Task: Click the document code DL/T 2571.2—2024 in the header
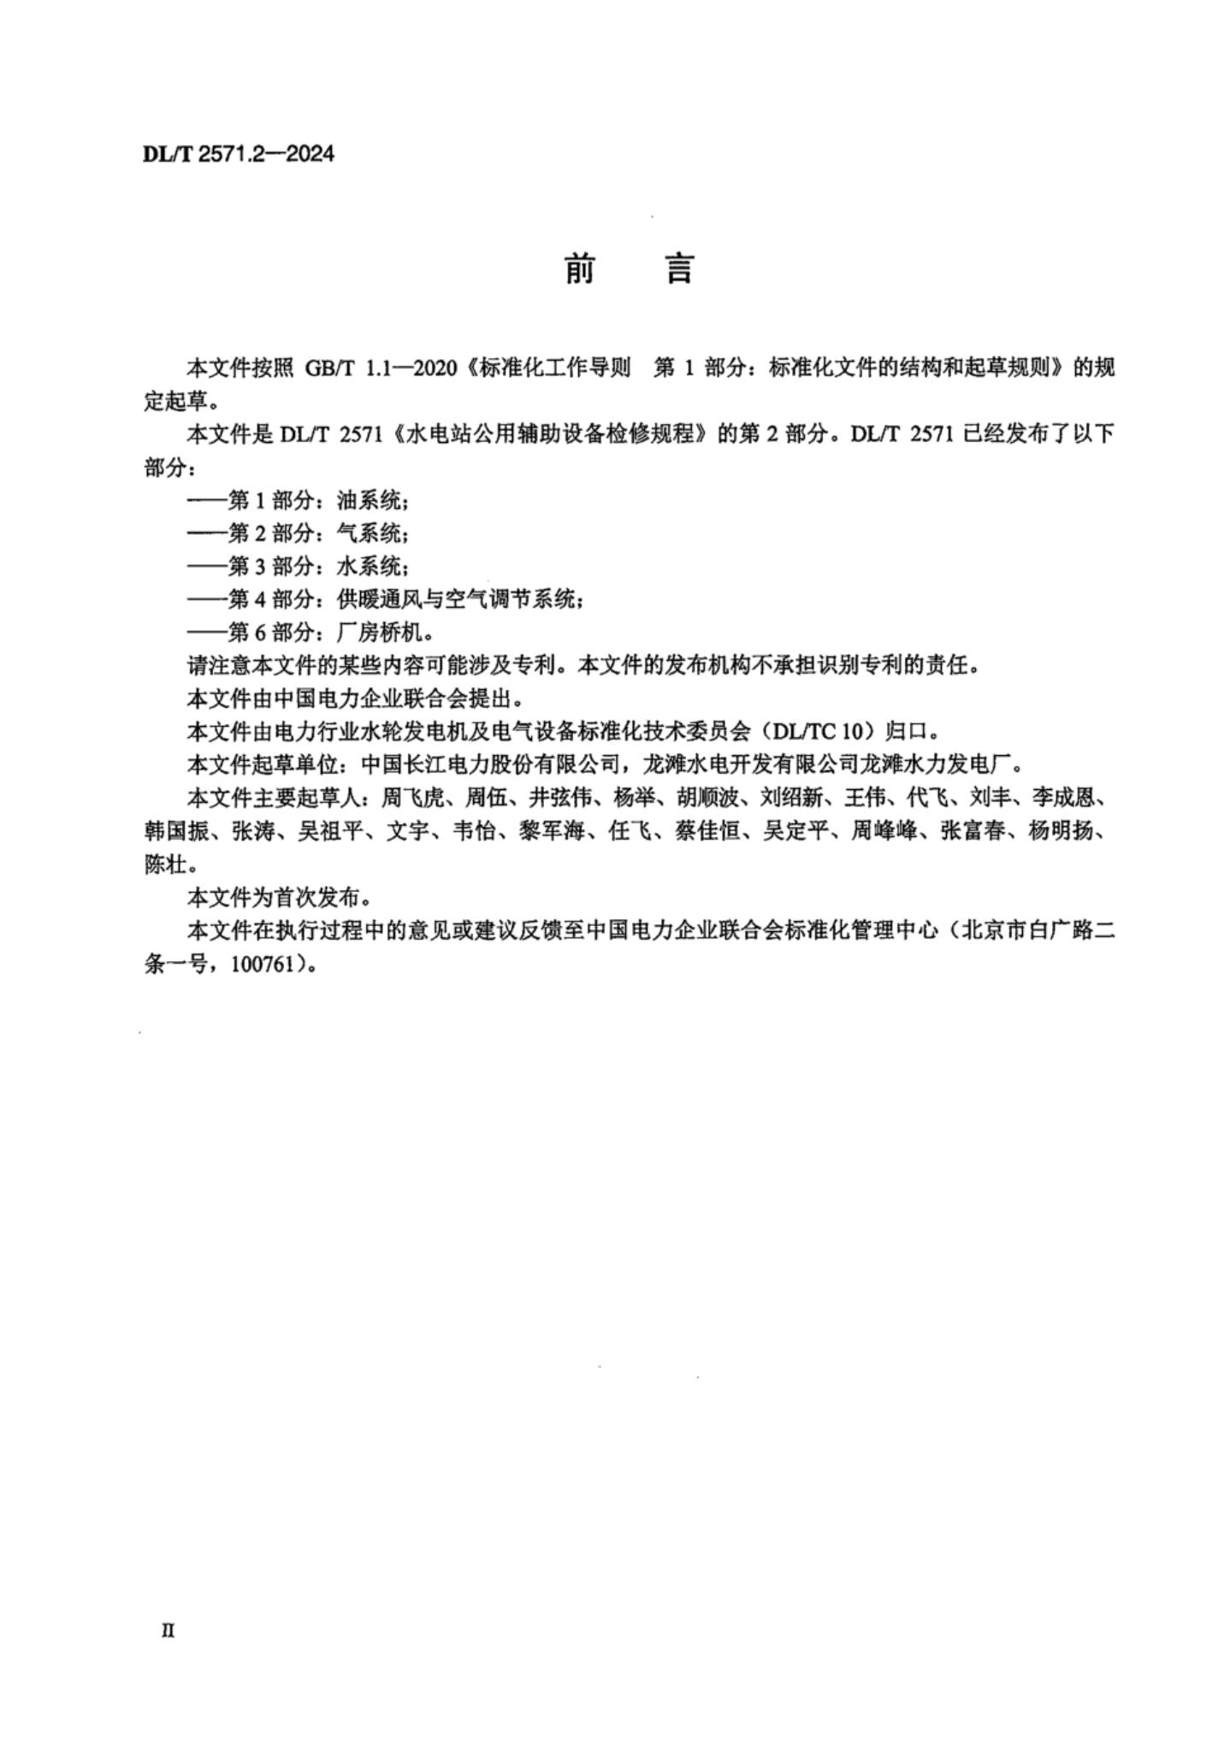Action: coord(239,154)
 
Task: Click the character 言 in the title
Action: coord(679,269)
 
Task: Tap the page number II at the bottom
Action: coord(168,1631)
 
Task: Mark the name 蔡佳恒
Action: coord(707,831)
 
